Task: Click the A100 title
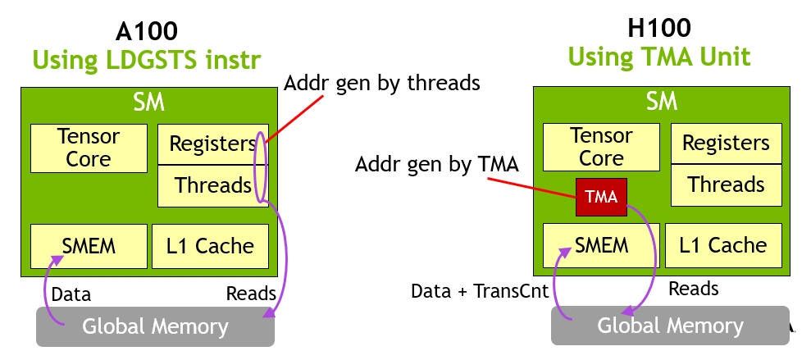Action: click(x=147, y=32)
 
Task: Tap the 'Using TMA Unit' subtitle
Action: click(x=659, y=57)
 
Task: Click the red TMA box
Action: click(x=602, y=198)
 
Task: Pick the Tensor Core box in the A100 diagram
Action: click(x=89, y=148)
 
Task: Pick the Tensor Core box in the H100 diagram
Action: click(x=602, y=146)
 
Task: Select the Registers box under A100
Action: click(x=212, y=144)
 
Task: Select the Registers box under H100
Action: click(x=726, y=144)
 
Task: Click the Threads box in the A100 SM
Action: click(x=212, y=185)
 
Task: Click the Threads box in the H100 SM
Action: click(x=726, y=185)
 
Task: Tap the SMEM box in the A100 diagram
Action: click(x=89, y=246)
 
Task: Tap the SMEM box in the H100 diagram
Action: click(x=602, y=244)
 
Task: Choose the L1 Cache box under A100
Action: click(x=211, y=246)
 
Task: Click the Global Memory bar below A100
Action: click(x=155, y=327)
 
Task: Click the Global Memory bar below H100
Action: click(x=669, y=326)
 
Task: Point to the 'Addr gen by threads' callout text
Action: click(x=381, y=82)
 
